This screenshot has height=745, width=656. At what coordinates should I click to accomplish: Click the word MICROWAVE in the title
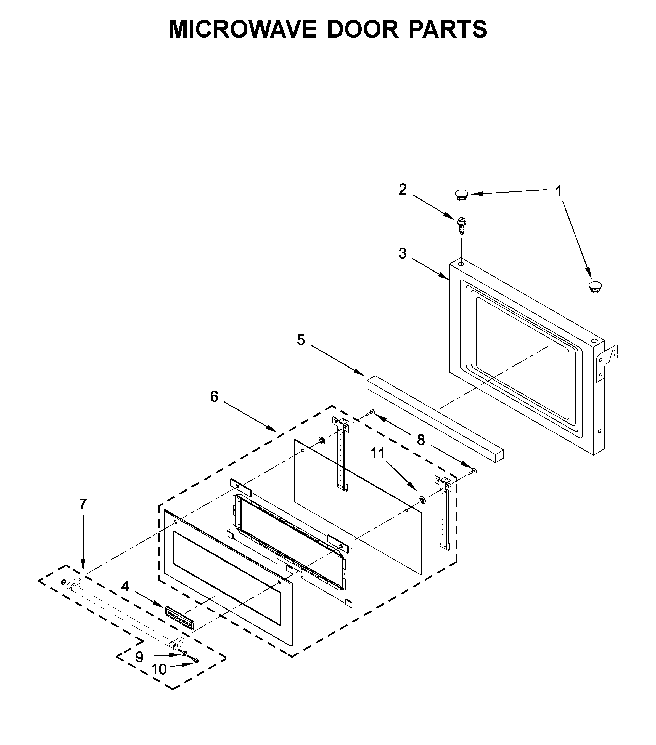tap(242, 30)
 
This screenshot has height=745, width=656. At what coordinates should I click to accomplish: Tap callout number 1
tap(558, 191)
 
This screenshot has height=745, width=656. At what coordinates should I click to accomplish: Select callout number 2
tap(403, 190)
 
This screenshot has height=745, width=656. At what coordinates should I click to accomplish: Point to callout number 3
tap(403, 253)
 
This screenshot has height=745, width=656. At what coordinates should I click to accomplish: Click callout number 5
tap(301, 340)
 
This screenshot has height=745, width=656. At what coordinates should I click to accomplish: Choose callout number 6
tap(214, 397)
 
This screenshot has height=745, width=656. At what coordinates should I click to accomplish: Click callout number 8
tap(421, 440)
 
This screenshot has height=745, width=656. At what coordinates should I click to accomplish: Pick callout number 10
tap(159, 669)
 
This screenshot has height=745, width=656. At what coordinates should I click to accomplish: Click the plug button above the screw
tap(462, 195)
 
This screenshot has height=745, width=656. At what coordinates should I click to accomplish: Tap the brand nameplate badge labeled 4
tap(180, 618)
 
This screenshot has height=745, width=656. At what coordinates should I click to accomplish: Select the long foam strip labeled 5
tap(434, 419)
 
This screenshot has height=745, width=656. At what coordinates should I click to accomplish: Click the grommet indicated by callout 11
tap(422, 500)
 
